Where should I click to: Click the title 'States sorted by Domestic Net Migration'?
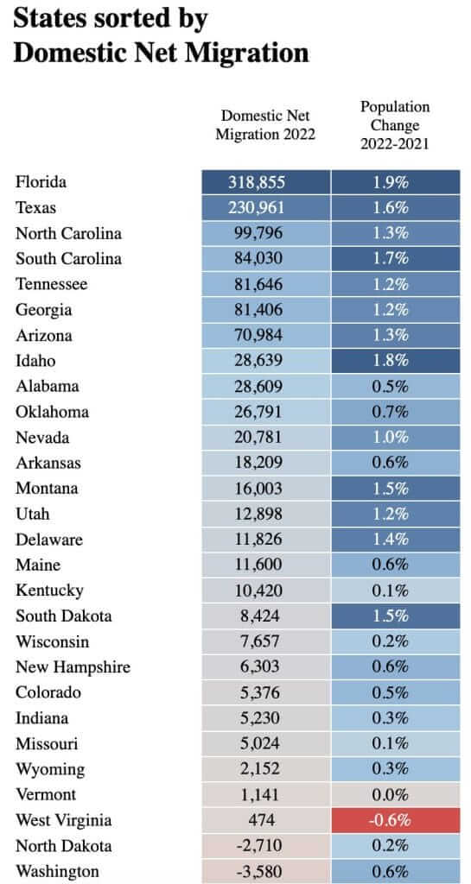[x=161, y=35]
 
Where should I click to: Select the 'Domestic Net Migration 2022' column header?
[x=265, y=125]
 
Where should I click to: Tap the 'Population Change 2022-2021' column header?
[x=395, y=125]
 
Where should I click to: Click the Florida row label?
[x=41, y=182]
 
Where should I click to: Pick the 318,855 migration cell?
[x=265, y=182]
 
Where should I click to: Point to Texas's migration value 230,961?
[x=265, y=208]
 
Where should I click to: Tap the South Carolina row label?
[x=68, y=259]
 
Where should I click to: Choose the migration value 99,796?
[x=265, y=233]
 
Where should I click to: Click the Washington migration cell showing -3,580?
[x=265, y=872]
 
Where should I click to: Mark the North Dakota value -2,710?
[x=265, y=846]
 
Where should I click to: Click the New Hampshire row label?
[x=72, y=667]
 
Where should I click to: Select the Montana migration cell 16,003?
[x=265, y=489]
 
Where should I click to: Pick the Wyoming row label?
[x=50, y=769]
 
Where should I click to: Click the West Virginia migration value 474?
[x=265, y=821]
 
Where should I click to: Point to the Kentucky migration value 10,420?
[x=265, y=590]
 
